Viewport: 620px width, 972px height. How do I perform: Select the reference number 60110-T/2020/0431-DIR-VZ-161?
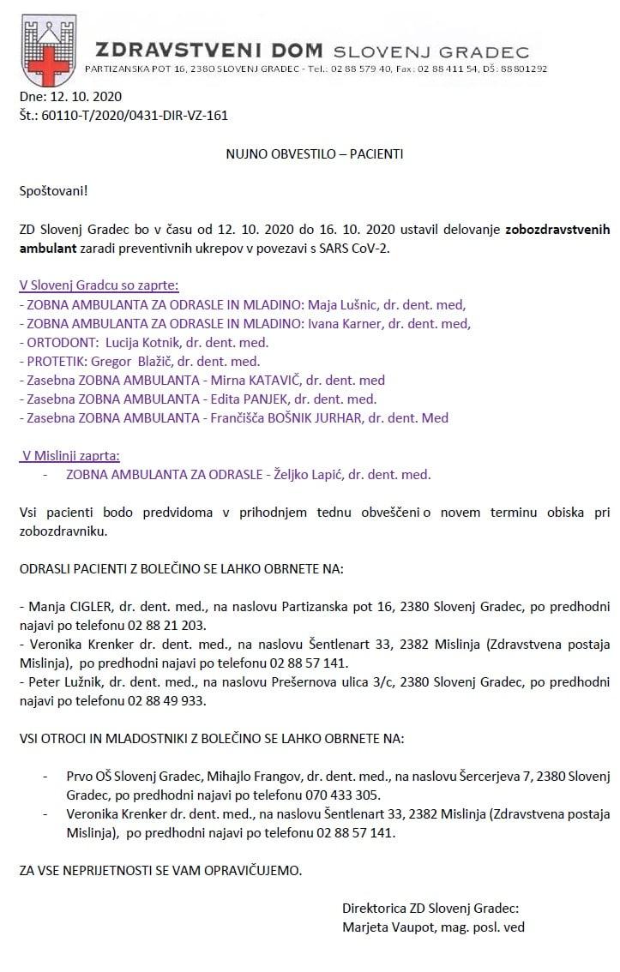[x=135, y=116]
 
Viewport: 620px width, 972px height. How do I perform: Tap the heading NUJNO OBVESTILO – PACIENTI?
[x=314, y=154]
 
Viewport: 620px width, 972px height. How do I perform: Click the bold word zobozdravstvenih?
[x=557, y=231]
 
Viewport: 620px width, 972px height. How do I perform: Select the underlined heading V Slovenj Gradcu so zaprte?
[x=99, y=285]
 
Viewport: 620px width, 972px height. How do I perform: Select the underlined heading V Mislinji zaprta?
[x=71, y=455]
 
